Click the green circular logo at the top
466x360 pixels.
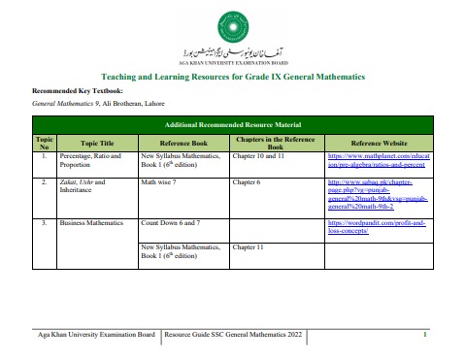click(x=232, y=21)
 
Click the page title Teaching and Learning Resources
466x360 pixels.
click(x=232, y=76)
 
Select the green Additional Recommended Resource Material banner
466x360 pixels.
click(x=232, y=125)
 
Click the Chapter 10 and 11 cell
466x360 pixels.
click(x=262, y=155)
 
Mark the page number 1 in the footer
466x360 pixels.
click(x=425, y=335)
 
